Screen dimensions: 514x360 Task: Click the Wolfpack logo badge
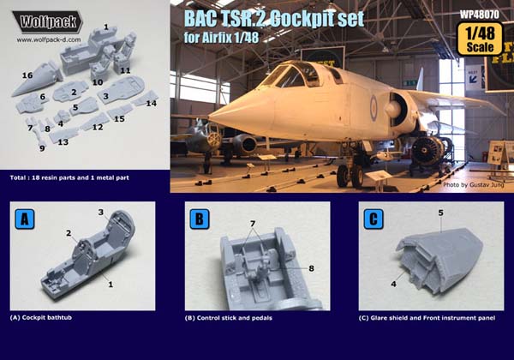click(x=48, y=22)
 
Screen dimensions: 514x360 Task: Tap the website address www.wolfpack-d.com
click(x=49, y=40)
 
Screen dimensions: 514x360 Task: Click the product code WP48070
click(x=479, y=15)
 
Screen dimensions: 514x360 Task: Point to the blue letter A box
click(x=25, y=219)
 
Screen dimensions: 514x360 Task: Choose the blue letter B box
click(x=200, y=219)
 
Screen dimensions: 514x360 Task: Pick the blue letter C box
click(x=374, y=219)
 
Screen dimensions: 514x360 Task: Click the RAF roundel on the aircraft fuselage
click(x=374, y=106)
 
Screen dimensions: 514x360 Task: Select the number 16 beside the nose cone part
click(x=27, y=75)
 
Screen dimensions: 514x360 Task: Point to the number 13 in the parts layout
click(x=63, y=142)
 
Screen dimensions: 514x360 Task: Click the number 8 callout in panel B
click(x=311, y=268)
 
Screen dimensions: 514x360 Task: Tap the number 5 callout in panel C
click(x=441, y=213)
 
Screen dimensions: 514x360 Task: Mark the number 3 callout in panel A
click(x=101, y=212)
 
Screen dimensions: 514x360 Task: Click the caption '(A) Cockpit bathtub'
click(x=41, y=317)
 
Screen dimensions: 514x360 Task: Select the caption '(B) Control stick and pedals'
click(x=229, y=318)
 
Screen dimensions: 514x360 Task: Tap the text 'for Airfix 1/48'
click(x=221, y=38)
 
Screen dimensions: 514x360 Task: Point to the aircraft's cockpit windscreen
click(x=290, y=75)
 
